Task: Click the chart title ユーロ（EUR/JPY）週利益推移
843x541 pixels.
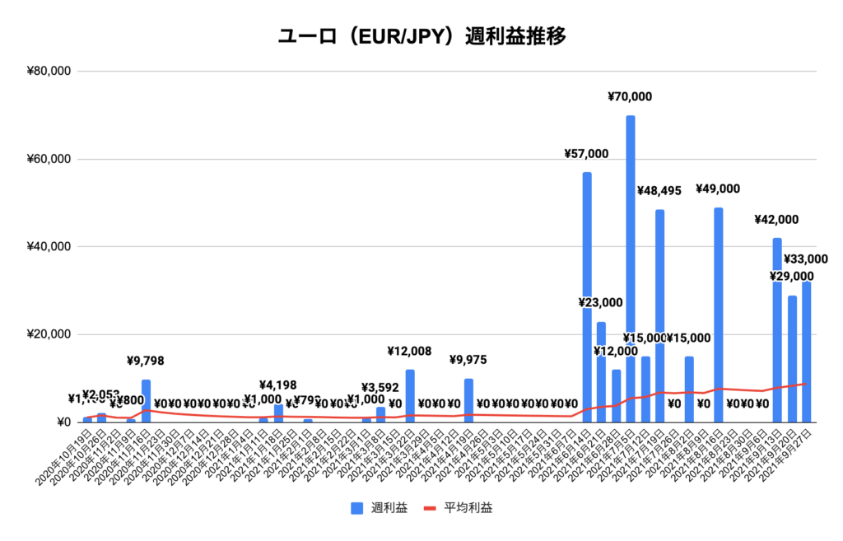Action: tap(421, 36)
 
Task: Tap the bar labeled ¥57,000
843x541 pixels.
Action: tap(587, 296)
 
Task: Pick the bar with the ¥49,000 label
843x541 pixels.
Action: tap(719, 313)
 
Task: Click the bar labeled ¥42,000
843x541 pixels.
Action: tap(777, 329)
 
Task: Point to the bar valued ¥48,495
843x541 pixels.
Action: tap(660, 313)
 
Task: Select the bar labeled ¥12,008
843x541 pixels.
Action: tap(410, 396)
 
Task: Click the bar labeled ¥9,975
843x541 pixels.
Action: tap(468, 400)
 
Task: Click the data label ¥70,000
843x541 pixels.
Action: tap(630, 97)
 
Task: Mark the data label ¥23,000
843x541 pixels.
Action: tap(601, 303)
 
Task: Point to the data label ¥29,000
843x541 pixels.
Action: tap(792, 277)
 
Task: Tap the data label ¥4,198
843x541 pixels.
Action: tap(278, 385)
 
